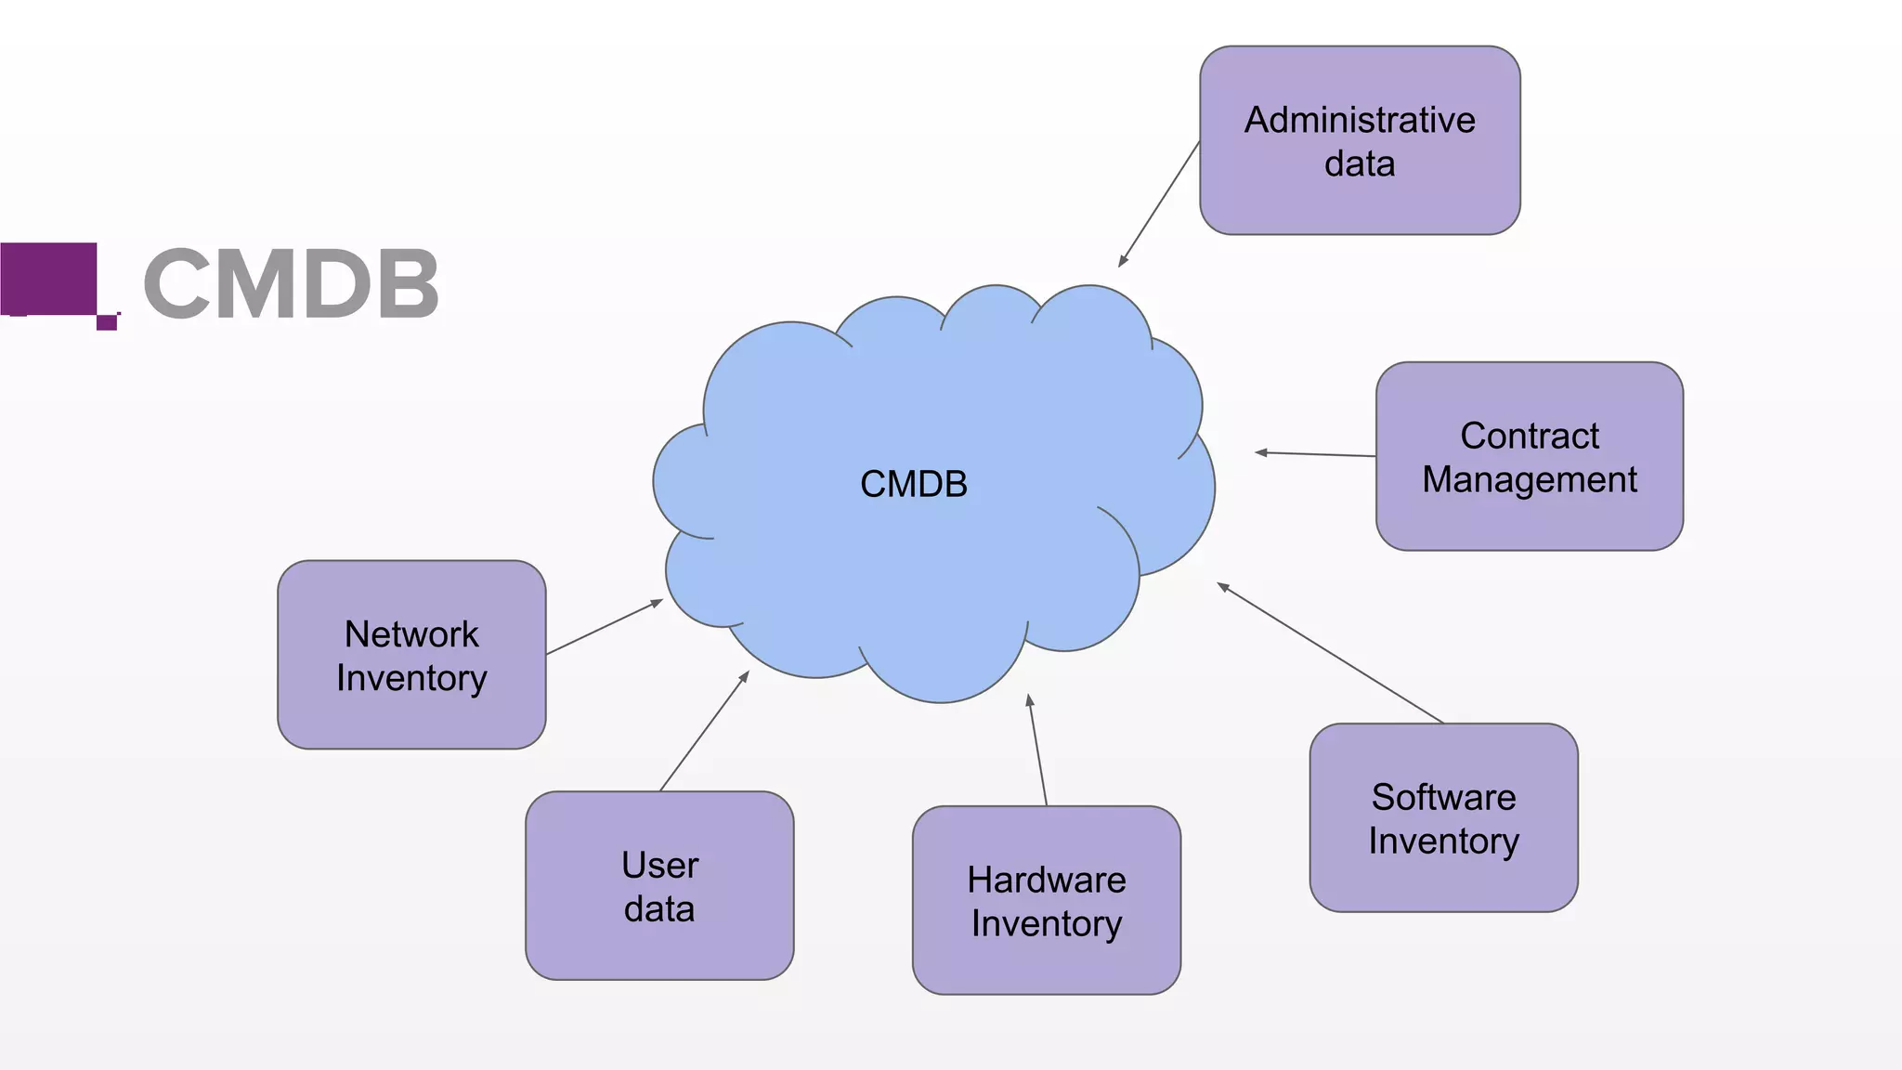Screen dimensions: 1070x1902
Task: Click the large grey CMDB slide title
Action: pos(291,284)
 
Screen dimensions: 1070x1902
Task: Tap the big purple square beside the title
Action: pos(48,278)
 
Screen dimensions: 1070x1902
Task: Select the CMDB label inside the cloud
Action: pos(913,484)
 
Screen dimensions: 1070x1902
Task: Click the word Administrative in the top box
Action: pos(1359,120)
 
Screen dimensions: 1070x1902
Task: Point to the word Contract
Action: pos(1529,436)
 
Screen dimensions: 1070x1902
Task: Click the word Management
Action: pos(1529,479)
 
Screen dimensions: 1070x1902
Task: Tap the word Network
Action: pos(411,634)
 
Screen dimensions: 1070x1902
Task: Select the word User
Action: pos(659,866)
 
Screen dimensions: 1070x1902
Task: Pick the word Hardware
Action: pos(1046,880)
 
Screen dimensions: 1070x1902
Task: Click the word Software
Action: pos(1443,797)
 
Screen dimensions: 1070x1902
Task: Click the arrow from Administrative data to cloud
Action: pos(1159,204)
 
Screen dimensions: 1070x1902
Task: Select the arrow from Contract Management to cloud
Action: pos(1315,454)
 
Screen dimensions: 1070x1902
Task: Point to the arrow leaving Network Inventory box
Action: pos(605,627)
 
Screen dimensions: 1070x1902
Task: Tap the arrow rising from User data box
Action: pos(704,731)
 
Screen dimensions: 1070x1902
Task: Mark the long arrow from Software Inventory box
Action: pos(1330,653)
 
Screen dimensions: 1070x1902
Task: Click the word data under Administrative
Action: pos(1359,164)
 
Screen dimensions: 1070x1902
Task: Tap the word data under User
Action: pos(658,909)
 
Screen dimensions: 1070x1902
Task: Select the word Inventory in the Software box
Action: pos(1443,842)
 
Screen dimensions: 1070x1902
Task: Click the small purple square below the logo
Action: pos(107,322)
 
